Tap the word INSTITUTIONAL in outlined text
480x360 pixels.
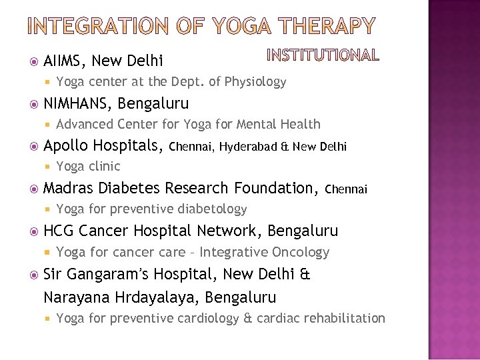pyautogui.click(x=323, y=55)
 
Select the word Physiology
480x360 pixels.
pyautogui.click(x=256, y=82)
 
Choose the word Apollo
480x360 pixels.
pyautogui.click(x=67, y=146)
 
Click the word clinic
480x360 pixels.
pyautogui.click(x=104, y=167)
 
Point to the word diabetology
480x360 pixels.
pyautogui.click(x=212, y=209)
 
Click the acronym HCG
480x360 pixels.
pyautogui.click(x=58, y=231)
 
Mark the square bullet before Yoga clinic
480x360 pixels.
pyautogui.click(x=49, y=167)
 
